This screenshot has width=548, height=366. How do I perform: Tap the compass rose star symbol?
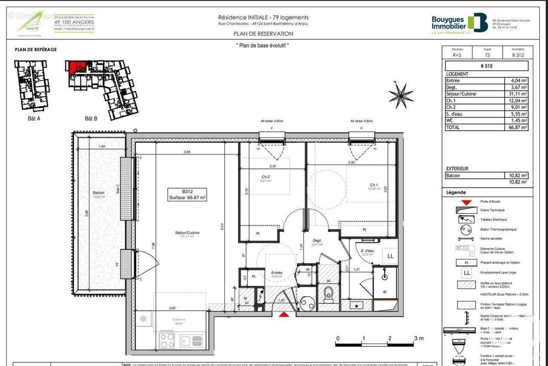click(400, 95)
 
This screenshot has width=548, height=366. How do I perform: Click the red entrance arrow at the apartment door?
click(284, 314)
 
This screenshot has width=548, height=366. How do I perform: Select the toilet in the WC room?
click(327, 295)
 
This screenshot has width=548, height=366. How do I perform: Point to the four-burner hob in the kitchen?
click(167, 341)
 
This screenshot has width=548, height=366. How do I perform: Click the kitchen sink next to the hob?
click(191, 341)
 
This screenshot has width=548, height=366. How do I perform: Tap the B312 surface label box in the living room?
click(187, 195)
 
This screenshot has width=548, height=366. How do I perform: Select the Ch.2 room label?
click(265, 177)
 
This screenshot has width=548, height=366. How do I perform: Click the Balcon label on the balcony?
click(98, 193)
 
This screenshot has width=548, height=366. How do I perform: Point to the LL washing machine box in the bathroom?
click(390, 256)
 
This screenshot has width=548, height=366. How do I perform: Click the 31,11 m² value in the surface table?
click(519, 94)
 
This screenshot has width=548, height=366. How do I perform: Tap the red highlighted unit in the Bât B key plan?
click(76, 67)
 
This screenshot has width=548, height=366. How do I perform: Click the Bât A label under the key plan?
click(34, 118)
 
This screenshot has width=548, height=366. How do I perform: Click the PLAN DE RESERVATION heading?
click(263, 33)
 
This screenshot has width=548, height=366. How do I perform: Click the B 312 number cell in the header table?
click(518, 55)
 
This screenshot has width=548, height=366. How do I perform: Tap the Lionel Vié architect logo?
click(31, 22)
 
